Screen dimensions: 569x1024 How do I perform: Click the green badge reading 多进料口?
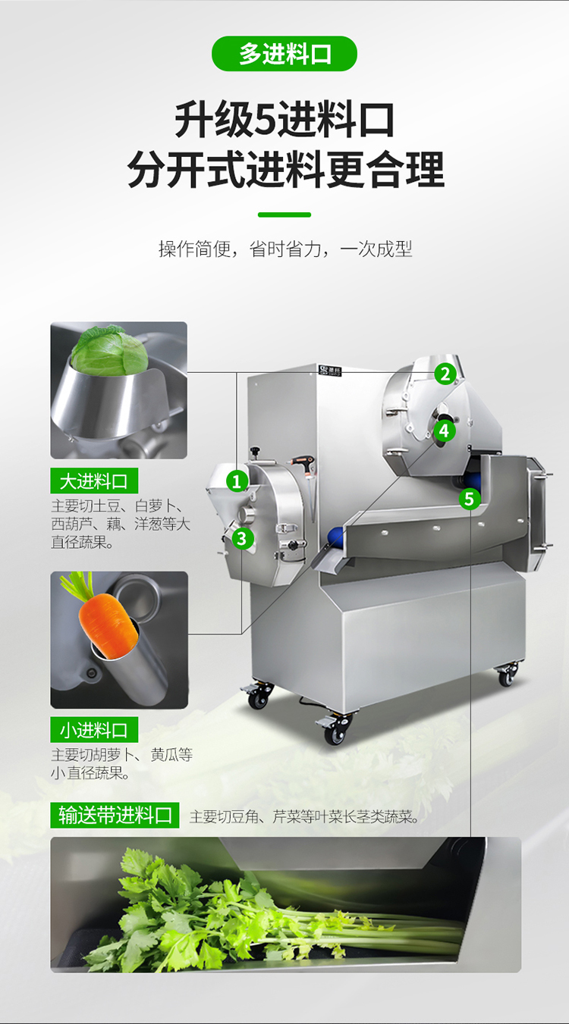coord(284,54)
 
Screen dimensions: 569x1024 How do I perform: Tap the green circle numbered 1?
coord(237,481)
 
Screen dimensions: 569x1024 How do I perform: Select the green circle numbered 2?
coord(445,374)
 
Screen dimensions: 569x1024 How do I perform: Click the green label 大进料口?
coord(94,481)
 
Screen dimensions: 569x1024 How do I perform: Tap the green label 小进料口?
coord(94,730)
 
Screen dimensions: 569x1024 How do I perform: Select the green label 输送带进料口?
coord(115,815)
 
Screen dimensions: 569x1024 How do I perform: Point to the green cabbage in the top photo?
coord(109,349)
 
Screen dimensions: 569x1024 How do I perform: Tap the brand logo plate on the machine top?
coord(330,370)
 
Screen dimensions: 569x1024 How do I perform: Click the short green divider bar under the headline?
coord(284,215)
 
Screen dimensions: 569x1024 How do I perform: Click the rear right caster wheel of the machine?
coord(506,675)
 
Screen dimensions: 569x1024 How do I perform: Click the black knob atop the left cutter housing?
coord(255,452)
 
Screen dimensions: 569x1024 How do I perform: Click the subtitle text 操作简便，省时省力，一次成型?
coord(285,249)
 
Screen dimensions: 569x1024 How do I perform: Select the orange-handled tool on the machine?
coord(305,465)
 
